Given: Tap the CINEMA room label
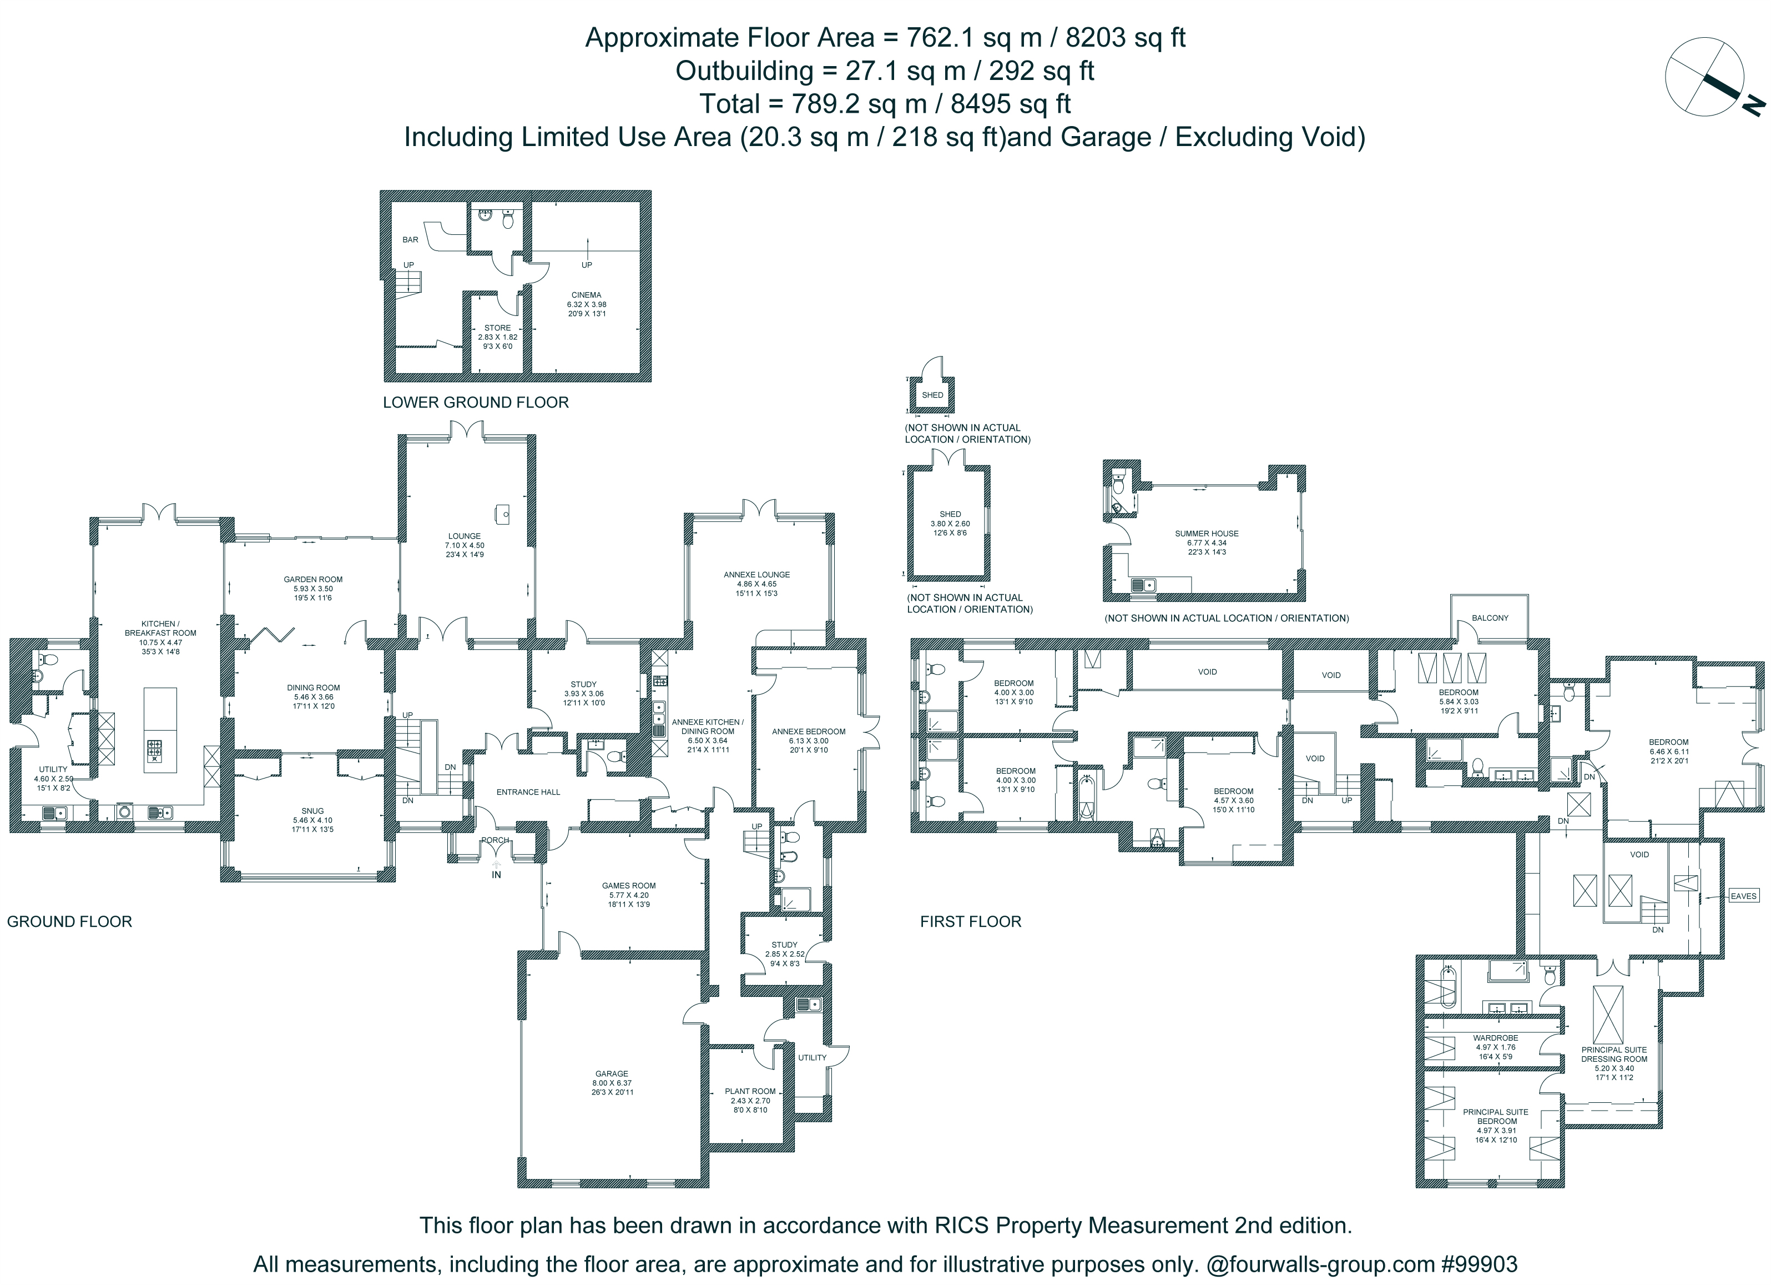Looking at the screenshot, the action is point(587,295).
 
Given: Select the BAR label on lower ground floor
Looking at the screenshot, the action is point(410,240).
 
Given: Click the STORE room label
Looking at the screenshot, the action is point(497,328).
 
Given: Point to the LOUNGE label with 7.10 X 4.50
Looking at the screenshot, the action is point(465,536).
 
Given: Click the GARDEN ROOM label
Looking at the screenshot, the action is point(313,580).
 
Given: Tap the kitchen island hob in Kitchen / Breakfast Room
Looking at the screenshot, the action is point(155,751).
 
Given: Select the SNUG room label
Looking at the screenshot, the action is point(313,811).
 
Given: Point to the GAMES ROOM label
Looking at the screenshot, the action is point(629,886).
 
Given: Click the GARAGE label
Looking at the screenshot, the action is point(612,1074).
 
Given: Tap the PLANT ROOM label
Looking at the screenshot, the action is point(750,1091).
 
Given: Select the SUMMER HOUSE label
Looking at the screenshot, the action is point(1207,534).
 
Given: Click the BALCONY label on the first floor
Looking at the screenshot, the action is point(1490,618).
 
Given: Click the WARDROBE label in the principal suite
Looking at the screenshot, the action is point(1495,1038).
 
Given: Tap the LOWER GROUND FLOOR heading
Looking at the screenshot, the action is point(476,402).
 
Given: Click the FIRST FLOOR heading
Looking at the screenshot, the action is point(971,922).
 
